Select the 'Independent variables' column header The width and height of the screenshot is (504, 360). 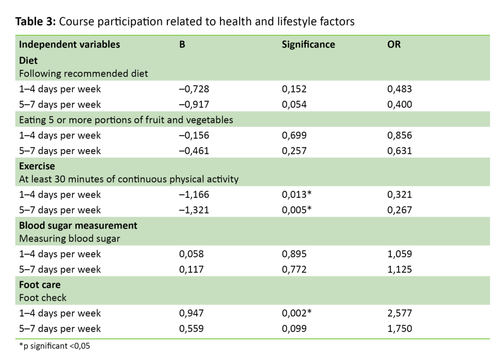tap(69, 44)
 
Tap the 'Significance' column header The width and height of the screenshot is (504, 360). tap(308, 44)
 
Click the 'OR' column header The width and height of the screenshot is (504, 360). tap(394, 44)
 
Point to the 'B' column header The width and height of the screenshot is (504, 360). tap(182, 44)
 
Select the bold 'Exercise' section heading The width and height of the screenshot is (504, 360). tap(37, 166)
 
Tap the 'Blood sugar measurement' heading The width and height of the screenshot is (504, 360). tap(78, 225)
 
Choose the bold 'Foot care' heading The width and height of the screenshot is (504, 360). tap(40, 285)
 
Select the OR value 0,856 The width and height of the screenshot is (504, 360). tap(400, 135)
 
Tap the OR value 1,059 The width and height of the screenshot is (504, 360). tap(400, 254)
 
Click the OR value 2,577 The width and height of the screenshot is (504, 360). tap(400, 313)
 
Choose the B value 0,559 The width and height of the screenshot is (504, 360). tap(191, 329)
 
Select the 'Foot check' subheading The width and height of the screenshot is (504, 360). tap(43, 298)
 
